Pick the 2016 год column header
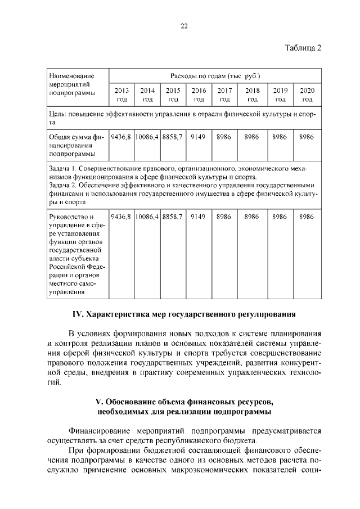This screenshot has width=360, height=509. click(198, 94)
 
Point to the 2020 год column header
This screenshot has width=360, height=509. click(307, 94)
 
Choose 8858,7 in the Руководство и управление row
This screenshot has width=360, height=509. click(173, 216)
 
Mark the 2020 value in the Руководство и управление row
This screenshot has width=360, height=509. click(307, 216)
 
